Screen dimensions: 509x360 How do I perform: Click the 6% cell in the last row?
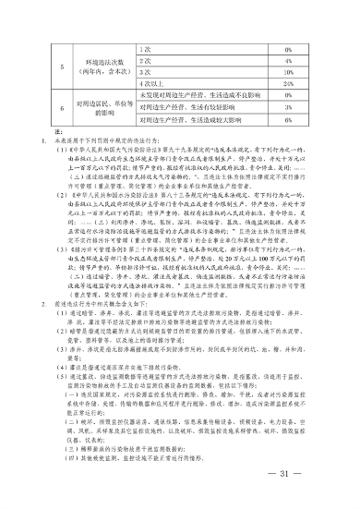click(289, 119)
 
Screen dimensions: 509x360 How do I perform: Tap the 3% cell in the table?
click(289, 107)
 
